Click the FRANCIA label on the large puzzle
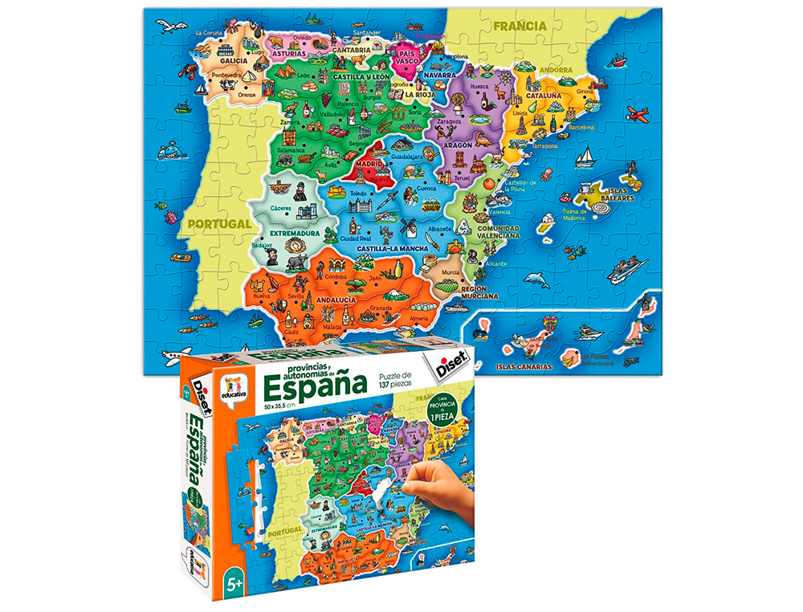[x=520, y=26]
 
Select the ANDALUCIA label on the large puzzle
[x=338, y=300]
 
